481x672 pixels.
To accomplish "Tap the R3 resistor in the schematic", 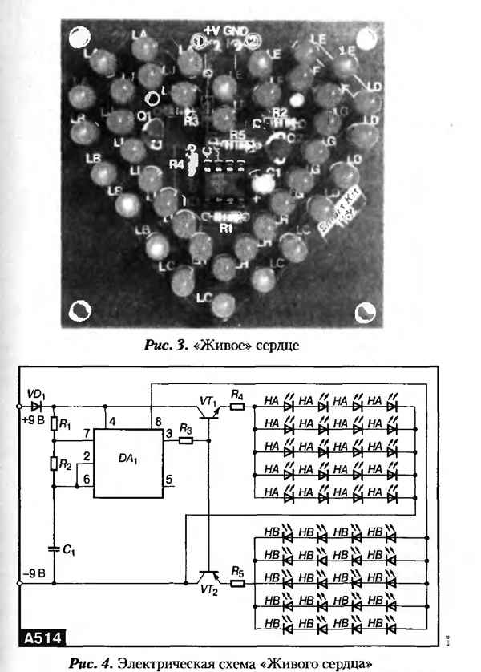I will pos(187,440).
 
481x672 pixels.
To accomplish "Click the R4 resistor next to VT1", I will pos(237,407).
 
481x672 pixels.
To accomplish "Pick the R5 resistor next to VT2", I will pos(237,583).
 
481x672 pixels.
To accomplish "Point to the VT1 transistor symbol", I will pos(211,411).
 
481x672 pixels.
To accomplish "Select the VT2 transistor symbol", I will pos(210,579).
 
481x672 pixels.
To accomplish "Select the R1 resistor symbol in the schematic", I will pos(53,424).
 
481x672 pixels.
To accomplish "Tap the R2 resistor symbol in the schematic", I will pos(53,463).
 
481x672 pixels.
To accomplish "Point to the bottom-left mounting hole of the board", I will pos(80,310).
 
